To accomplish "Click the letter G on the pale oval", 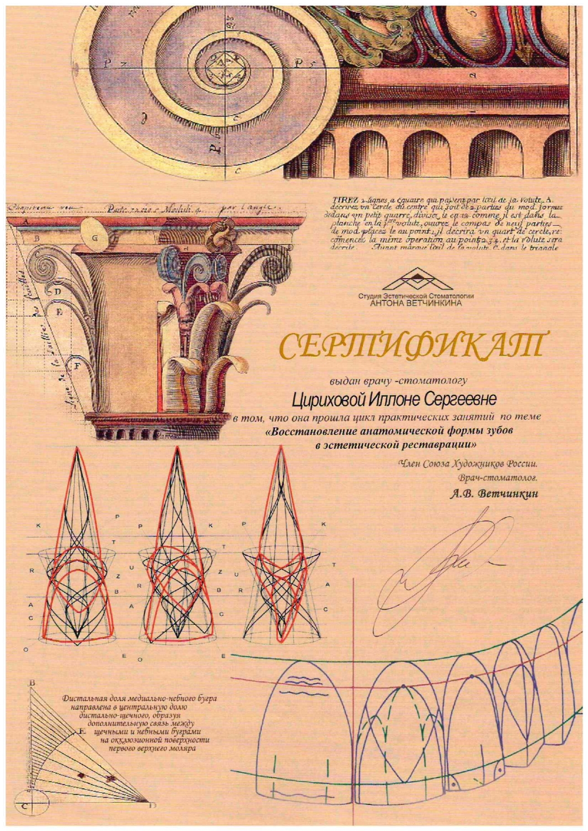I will (95, 238).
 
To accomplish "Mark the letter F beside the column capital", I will (77, 366).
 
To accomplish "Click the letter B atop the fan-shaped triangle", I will (32, 683).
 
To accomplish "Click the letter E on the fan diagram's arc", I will (82, 732).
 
